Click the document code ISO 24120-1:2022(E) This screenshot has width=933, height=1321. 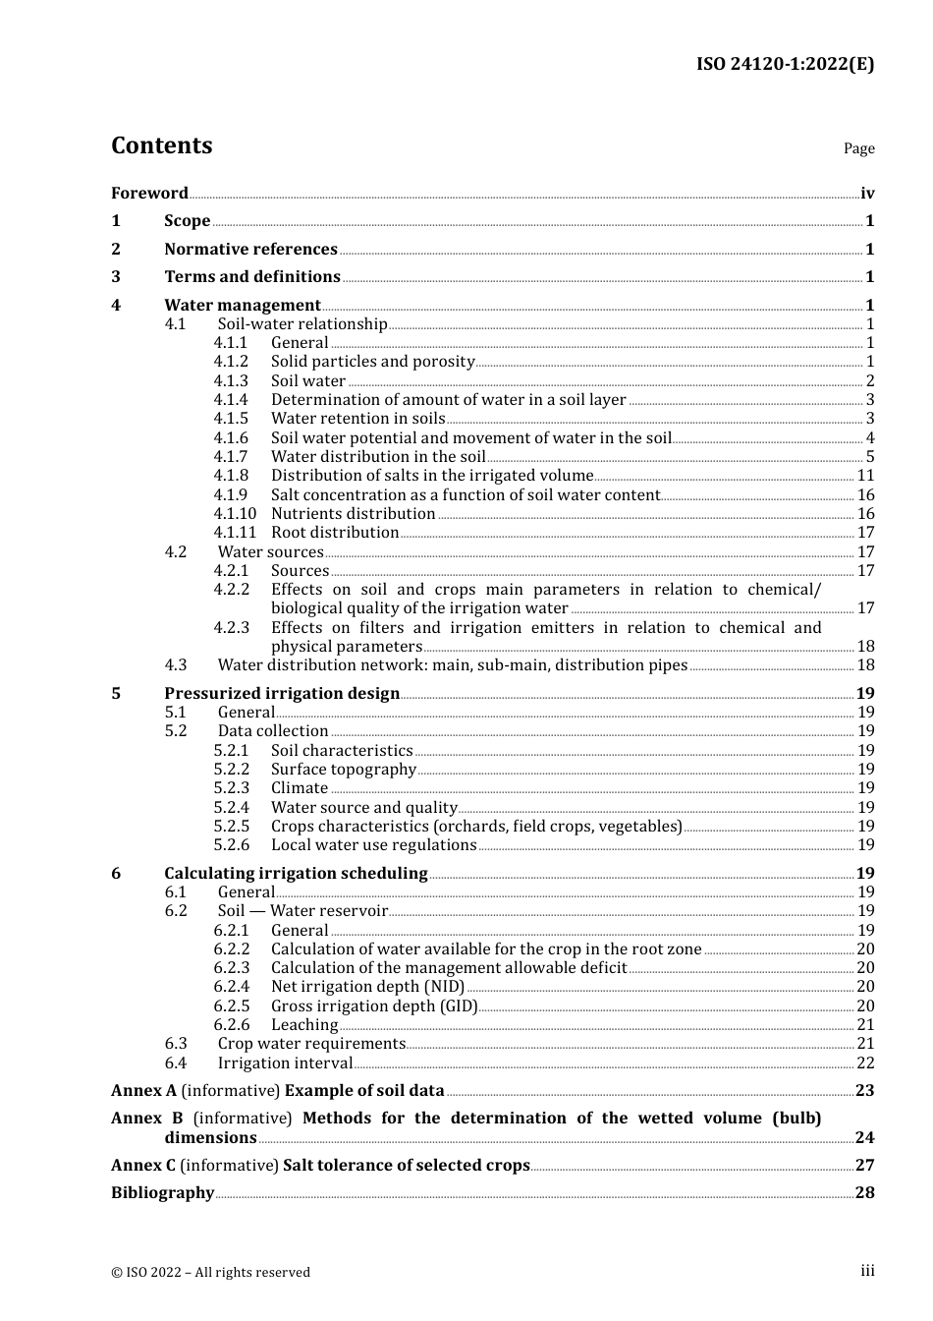pos(785,65)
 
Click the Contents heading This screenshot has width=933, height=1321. pos(161,145)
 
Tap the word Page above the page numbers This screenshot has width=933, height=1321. pos(858,148)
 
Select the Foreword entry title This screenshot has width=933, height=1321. pos(149,194)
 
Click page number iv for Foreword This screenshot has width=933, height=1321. pos(867,194)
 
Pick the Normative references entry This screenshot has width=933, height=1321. pos(250,250)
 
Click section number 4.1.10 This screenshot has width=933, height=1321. pos(235,514)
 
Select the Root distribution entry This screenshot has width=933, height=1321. pos(335,533)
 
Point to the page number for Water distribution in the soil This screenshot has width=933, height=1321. pos(869,457)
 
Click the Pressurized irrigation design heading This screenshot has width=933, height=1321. pos(282,694)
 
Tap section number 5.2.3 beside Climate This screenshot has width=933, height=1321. pos(232,788)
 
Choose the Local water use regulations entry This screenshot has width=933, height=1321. pos(373,845)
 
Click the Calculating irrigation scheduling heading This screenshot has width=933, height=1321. pos(296,874)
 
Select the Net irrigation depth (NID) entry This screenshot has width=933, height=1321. pos(367,987)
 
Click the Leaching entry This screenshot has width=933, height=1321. pos(304,1025)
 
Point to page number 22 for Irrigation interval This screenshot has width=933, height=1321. pos(865,1063)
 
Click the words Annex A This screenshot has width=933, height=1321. pos(143,1091)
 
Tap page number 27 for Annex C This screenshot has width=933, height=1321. pos(864,1166)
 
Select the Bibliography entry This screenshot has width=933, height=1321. pos(162,1193)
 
